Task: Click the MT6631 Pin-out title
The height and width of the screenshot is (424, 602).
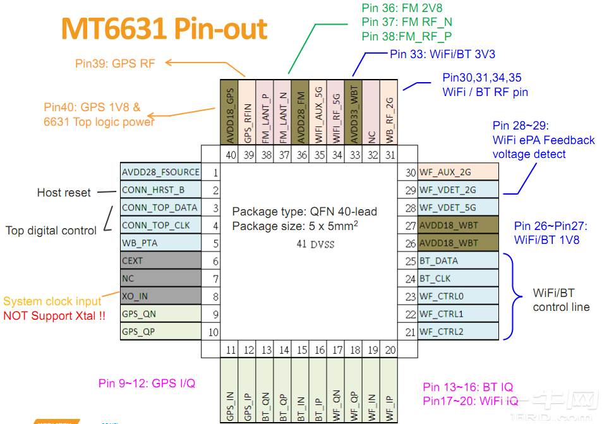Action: (164, 29)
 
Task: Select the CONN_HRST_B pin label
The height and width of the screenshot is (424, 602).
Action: (154, 190)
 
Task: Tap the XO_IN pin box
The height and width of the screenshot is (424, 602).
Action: (161, 296)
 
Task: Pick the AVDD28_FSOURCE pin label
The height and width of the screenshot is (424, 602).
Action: (160, 172)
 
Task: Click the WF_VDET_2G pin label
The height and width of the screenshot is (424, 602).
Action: (448, 190)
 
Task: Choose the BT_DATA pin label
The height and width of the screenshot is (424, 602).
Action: (439, 260)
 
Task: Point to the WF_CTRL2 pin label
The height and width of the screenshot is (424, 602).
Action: (442, 331)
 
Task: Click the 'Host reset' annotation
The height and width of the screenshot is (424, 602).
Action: (64, 193)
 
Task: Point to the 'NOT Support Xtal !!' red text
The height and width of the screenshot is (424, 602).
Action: (54, 315)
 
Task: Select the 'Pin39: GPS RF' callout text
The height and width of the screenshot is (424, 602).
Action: (115, 63)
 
